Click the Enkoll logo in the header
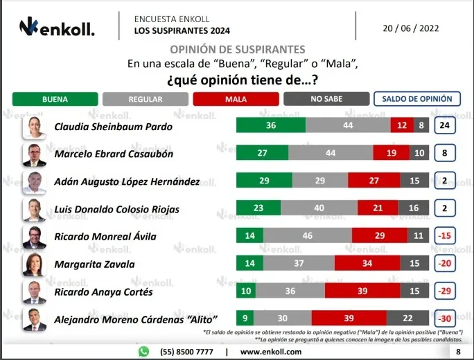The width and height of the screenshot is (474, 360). point(57,26)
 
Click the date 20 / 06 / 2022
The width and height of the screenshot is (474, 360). point(410,28)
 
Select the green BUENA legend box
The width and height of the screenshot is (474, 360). point(55,99)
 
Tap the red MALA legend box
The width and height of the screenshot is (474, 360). point(236,99)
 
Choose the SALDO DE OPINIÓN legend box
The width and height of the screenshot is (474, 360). point(417,99)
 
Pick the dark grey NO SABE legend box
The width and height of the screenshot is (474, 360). point(326,99)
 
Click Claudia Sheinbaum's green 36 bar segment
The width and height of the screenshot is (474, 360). point(271,125)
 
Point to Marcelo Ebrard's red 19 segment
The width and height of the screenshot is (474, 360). point(392,152)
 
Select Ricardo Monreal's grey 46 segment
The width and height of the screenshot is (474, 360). point(308,235)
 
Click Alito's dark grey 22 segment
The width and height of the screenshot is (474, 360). point(407,318)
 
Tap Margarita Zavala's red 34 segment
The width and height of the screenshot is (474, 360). point(367,263)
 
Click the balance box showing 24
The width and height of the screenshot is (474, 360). point(445,125)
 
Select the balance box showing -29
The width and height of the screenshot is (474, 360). point(445,291)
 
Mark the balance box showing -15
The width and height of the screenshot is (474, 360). point(445,235)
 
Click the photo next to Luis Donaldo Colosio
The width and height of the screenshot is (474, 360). point(34,210)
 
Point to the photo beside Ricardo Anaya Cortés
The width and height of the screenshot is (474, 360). point(34,292)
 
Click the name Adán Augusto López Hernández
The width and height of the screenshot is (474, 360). point(127,181)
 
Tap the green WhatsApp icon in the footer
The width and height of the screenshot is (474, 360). point(143,352)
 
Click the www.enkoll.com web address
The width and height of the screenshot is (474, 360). point(271,352)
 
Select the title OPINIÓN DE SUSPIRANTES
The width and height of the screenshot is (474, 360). point(237,50)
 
